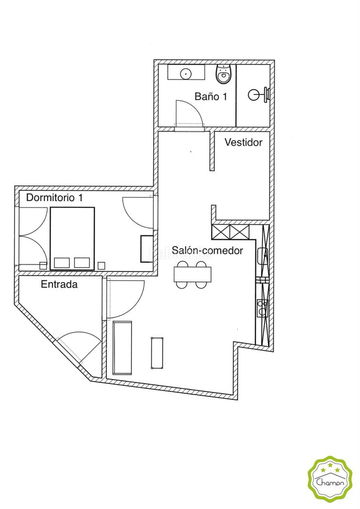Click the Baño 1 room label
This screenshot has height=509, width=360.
(x=211, y=96)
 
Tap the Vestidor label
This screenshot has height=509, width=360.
(x=244, y=142)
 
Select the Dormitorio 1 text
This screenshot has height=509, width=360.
(x=55, y=197)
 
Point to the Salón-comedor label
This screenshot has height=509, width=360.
(x=207, y=250)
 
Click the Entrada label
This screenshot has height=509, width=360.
(x=59, y=285)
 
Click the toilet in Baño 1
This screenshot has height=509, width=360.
(x=224, y=74)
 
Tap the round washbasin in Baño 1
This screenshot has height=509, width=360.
(x=186, y=73)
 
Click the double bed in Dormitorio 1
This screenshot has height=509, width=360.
(x=72, y=239)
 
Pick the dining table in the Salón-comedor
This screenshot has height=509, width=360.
(x=192, y=274)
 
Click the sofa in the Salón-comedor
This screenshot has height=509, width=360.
(x=122, y=348)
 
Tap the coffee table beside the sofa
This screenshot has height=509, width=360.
(x=157, y=353)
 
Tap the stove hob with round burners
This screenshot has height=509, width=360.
(x=262, y=308)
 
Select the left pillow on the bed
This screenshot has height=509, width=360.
(x=62, y=263)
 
